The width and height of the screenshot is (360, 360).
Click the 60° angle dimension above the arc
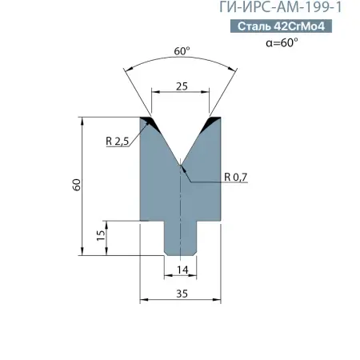coord(182,51)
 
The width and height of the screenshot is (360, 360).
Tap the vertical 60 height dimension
coord(76,185)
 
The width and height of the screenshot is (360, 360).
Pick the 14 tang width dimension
coord(181,269)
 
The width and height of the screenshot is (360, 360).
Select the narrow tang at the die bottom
coord(181,238)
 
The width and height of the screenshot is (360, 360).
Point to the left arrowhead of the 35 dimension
coord(143,301)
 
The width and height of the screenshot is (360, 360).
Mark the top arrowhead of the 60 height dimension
coord(84,120)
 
